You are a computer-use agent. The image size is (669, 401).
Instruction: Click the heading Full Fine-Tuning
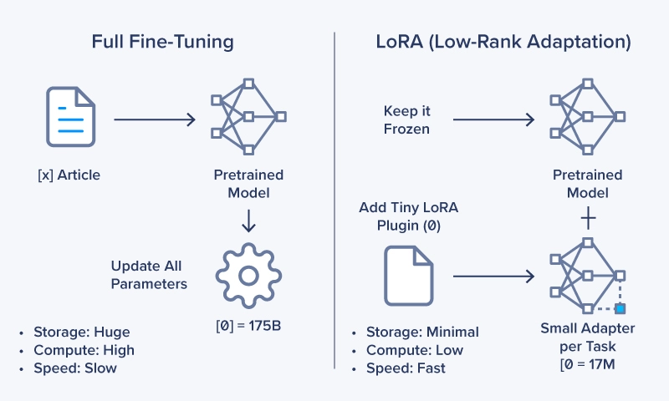pyautogui.click(x=164, y=41)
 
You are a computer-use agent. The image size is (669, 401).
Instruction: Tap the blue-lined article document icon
pyautogui.click(x=71, y=119)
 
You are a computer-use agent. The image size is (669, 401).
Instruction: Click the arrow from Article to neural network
pyautogui.click(x=154, y=119)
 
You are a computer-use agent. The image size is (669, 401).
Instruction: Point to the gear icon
pyautogui.click(x=248, y=275)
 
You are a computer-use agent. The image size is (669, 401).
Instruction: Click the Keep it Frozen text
pyautogui.click(x=406, y=119)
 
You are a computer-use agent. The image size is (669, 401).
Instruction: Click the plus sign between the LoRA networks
pyautogui.click(x=588, y=218)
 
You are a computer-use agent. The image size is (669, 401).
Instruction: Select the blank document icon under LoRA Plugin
pyautogui.click(x=408, y=275)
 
